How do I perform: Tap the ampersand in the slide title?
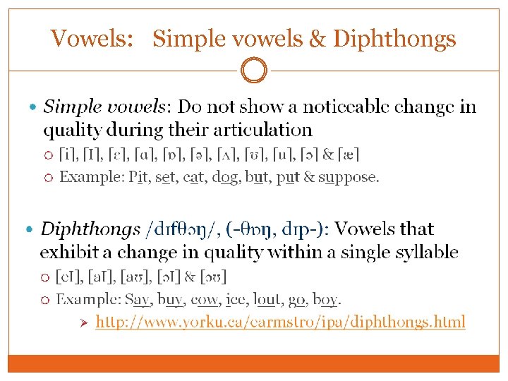coord(316,38)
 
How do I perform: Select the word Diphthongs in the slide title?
coord(394,38)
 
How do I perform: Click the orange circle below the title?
coord(254,71)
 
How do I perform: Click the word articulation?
coord(257,130)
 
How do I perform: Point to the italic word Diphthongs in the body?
coord(90,229)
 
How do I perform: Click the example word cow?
coord(205,300)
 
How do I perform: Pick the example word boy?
coord(325,300)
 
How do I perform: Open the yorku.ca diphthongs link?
coord(280,322)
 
